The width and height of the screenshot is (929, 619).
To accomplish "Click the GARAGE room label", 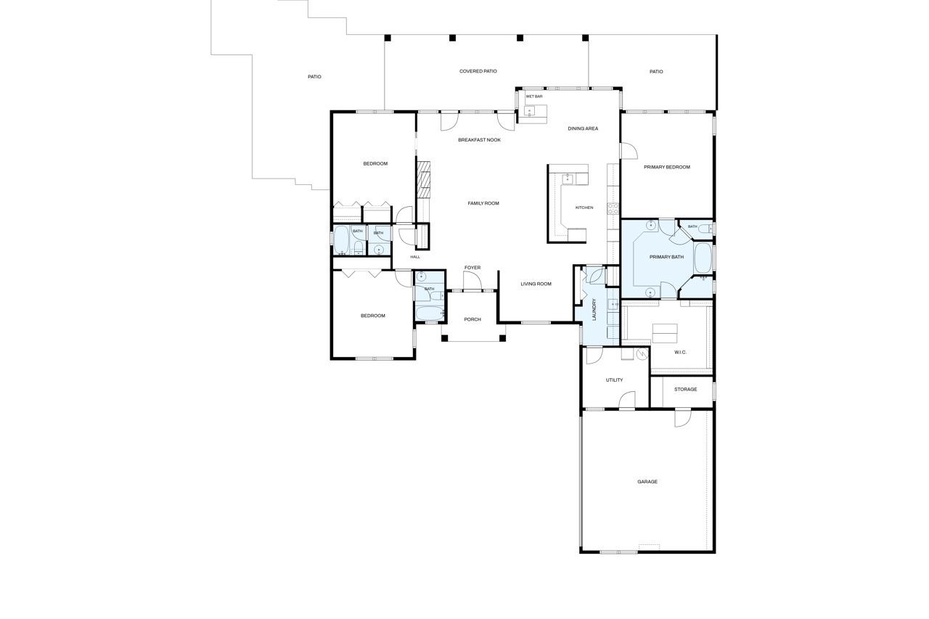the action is click(x=647, y=482).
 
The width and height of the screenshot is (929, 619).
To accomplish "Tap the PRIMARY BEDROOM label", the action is click(x=667, y=167).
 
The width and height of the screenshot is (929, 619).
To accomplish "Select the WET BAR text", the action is click(x=533, y=97).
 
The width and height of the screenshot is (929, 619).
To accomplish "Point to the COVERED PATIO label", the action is click(x=478, y=71).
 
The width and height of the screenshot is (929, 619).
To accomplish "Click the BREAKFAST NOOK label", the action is click(x=479, y=140).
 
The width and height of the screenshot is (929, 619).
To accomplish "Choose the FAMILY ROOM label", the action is click(x=483, y=203).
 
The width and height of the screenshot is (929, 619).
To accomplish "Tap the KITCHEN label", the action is click(x=584, y=208).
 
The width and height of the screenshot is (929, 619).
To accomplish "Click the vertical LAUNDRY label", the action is click(x=594, y=309).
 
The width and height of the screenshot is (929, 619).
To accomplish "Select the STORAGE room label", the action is click(x=685, y=389).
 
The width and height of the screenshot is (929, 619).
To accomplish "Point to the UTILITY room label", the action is click(x=614, y=380).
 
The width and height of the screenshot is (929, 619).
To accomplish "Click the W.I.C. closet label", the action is click(x=680, y=353).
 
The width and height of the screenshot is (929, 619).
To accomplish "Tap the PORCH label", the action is click(x=472, y=319).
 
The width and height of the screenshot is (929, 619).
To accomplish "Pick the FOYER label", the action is click(x=472, y=268).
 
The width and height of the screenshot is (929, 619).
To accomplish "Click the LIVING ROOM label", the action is click(x=536, y=284).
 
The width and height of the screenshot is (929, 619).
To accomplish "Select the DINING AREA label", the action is click(x=583, y=128).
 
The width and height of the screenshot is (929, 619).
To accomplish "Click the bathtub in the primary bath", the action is click(x=703, y=258).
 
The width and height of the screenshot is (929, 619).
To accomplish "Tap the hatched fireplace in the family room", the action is click(x=423, y=180).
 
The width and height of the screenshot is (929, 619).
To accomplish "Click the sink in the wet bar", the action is click(x=530, y=111).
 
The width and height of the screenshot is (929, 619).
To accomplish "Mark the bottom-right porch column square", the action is click(x=502, y=338).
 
